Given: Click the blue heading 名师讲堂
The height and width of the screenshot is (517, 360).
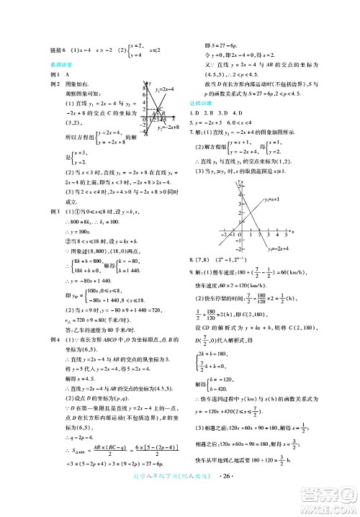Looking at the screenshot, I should [60, 65].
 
